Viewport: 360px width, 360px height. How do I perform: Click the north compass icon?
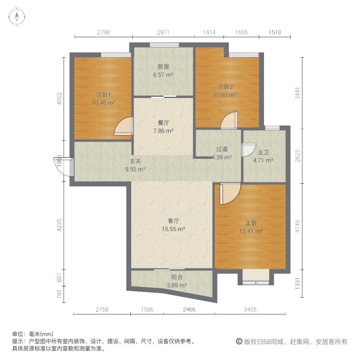17,17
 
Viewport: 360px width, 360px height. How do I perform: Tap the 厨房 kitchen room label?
163,67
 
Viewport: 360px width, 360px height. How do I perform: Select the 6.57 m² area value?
163,75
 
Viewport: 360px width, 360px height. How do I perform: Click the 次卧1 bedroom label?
104,94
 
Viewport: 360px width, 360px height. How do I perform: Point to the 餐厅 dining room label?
163,123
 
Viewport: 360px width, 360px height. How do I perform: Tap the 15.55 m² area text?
173,229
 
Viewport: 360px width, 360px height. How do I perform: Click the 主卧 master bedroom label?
251,223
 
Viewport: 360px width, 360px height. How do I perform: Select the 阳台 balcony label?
177,277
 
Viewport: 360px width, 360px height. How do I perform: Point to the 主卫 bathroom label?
263,152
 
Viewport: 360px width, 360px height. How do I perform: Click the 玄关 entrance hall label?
135,161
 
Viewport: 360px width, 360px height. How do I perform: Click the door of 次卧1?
124,126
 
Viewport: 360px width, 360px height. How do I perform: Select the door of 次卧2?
229,120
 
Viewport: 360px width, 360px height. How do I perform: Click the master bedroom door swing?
230,193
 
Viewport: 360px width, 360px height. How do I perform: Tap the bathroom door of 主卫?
248,150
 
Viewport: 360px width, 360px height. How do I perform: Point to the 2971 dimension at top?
163,32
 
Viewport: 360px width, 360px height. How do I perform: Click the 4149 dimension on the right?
298,226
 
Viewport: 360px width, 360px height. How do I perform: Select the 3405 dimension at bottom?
250,310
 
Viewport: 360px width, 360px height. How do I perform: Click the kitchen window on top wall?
164,45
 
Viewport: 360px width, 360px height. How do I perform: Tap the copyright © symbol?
239,342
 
